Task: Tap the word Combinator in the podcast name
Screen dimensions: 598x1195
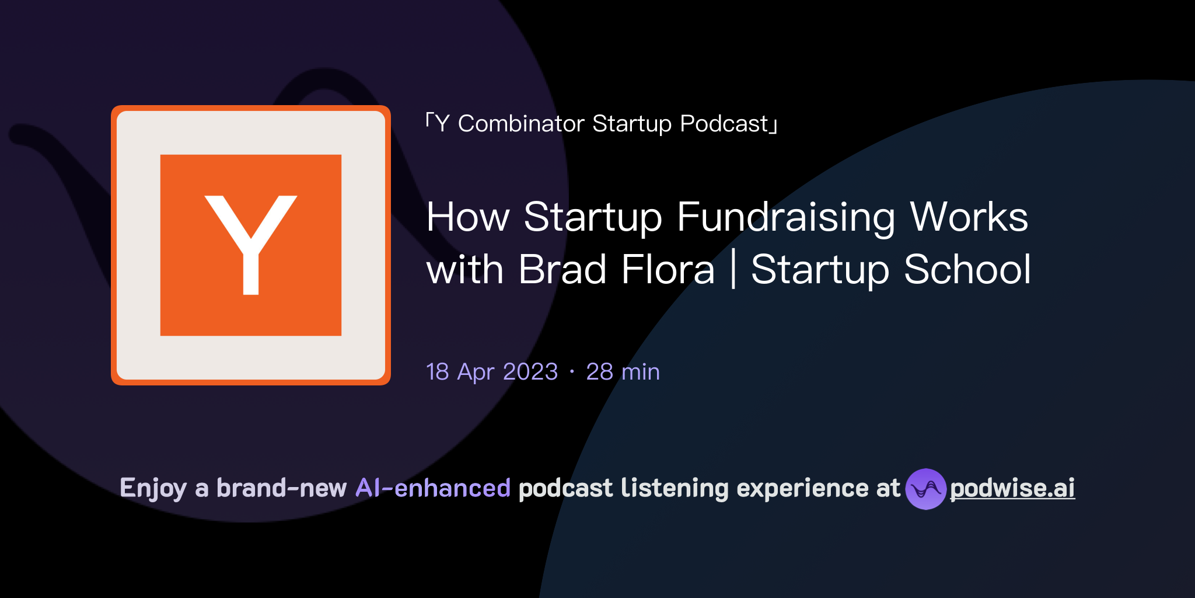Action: (521, 124)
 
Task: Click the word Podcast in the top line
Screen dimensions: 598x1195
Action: (724, 124)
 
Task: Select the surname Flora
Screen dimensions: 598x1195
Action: (668, 270)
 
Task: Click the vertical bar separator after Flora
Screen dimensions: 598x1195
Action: (733, 270)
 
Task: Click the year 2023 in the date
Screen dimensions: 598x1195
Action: (530, 372)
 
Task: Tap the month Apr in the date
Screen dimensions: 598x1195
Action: (476, 373)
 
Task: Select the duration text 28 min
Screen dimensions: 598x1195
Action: (623, 372)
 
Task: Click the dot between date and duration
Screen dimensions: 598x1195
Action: (572, 372)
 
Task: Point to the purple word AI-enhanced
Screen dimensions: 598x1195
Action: (433, 488)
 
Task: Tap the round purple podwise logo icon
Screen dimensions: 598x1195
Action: (925, 489)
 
